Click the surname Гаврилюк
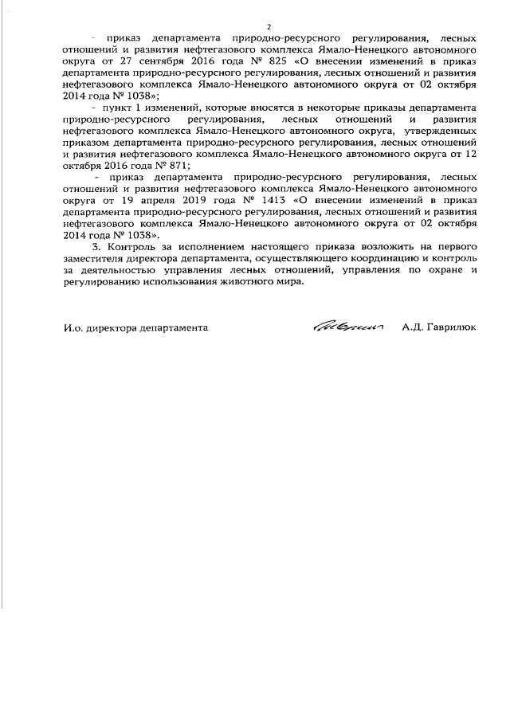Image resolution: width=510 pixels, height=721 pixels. [x=454, y=327]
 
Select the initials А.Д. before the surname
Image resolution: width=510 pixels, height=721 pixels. [x=414, y=327]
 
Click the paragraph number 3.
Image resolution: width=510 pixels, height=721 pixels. [x=96, y=249]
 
